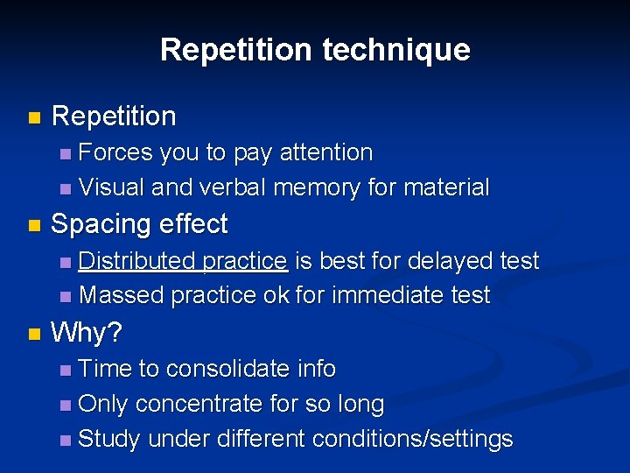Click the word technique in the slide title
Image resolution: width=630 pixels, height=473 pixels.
(395, 50)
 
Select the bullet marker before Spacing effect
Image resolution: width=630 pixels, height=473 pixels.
(33, 225)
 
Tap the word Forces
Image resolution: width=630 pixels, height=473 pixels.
(115, 152)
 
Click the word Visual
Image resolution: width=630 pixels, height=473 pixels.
(111, 187)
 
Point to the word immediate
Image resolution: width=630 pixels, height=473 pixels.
(386, 296)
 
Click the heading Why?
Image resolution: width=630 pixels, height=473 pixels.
(87, 333)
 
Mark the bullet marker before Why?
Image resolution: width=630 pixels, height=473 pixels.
(33, 334)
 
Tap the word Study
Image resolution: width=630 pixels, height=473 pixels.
(109, 439)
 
